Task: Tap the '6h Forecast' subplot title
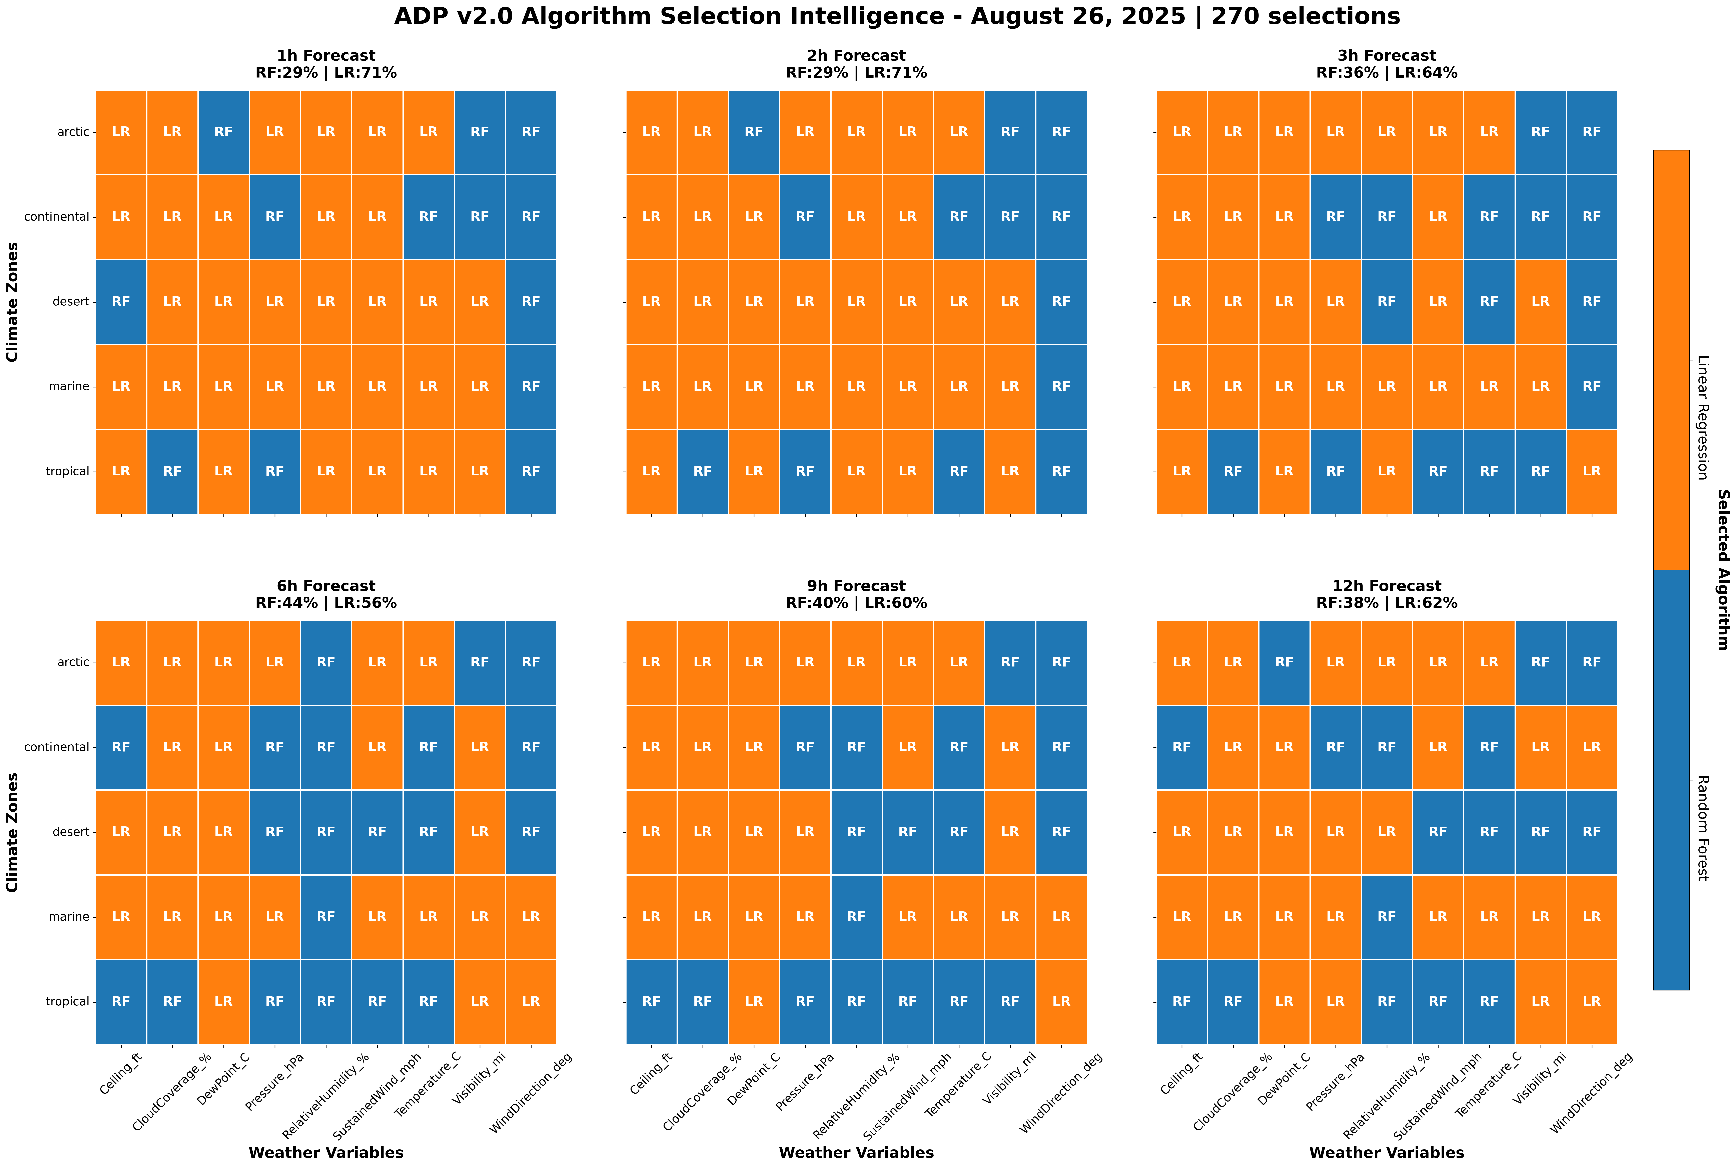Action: tap(326, 586)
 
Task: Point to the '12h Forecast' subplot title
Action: tap(1387, 586)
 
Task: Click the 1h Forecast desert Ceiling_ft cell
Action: tap(121, 301)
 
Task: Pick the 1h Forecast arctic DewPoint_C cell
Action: tap(223, 132)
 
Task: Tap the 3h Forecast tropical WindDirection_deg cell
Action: tap(1592, 471)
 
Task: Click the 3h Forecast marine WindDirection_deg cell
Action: tap(1592, 386)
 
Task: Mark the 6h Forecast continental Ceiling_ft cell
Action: tap(121, 746)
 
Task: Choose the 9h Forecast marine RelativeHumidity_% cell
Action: tap(856, 916)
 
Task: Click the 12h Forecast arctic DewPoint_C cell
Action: tap(1284, 662)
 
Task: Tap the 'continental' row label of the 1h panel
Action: tap(57, 217)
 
